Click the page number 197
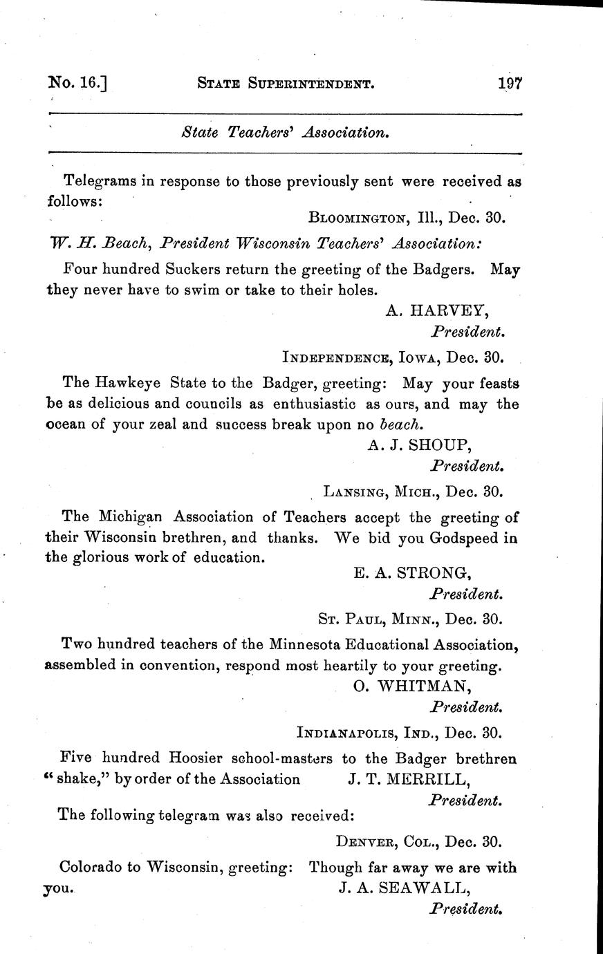click(509, 84)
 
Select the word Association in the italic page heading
click(345, 132)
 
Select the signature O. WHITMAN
click(413, 686)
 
